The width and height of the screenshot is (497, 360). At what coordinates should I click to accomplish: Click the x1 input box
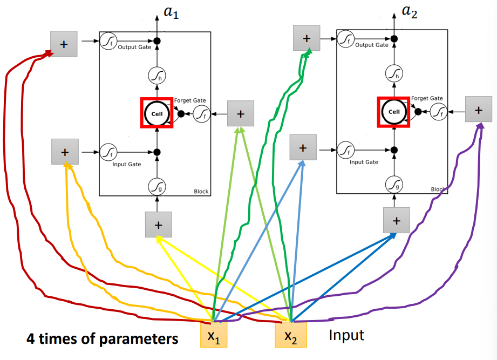(x=214, y=335)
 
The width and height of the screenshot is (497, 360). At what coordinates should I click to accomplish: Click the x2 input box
(x=291, y=335)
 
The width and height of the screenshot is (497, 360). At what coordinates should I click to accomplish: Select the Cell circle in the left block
(x=156, y=113)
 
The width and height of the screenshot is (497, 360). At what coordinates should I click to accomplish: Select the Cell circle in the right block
(x=394, y=112)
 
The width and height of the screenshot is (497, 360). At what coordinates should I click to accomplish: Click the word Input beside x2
(x=346, y=335)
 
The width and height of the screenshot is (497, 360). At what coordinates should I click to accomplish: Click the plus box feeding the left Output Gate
(x=64, y=44)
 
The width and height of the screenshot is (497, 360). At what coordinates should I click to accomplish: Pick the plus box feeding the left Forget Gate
(x=241, y=114)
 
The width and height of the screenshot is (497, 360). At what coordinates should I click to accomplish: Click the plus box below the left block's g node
(x=158, y=225)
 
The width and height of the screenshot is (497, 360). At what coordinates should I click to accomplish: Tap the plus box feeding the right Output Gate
(x=307, y=38)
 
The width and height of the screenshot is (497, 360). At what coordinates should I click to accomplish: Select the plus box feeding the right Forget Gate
(x=478, y=110)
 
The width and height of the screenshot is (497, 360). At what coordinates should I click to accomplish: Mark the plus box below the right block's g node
(x=397, y=220)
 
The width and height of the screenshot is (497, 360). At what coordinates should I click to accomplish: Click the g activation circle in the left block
(x=156, y=187)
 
